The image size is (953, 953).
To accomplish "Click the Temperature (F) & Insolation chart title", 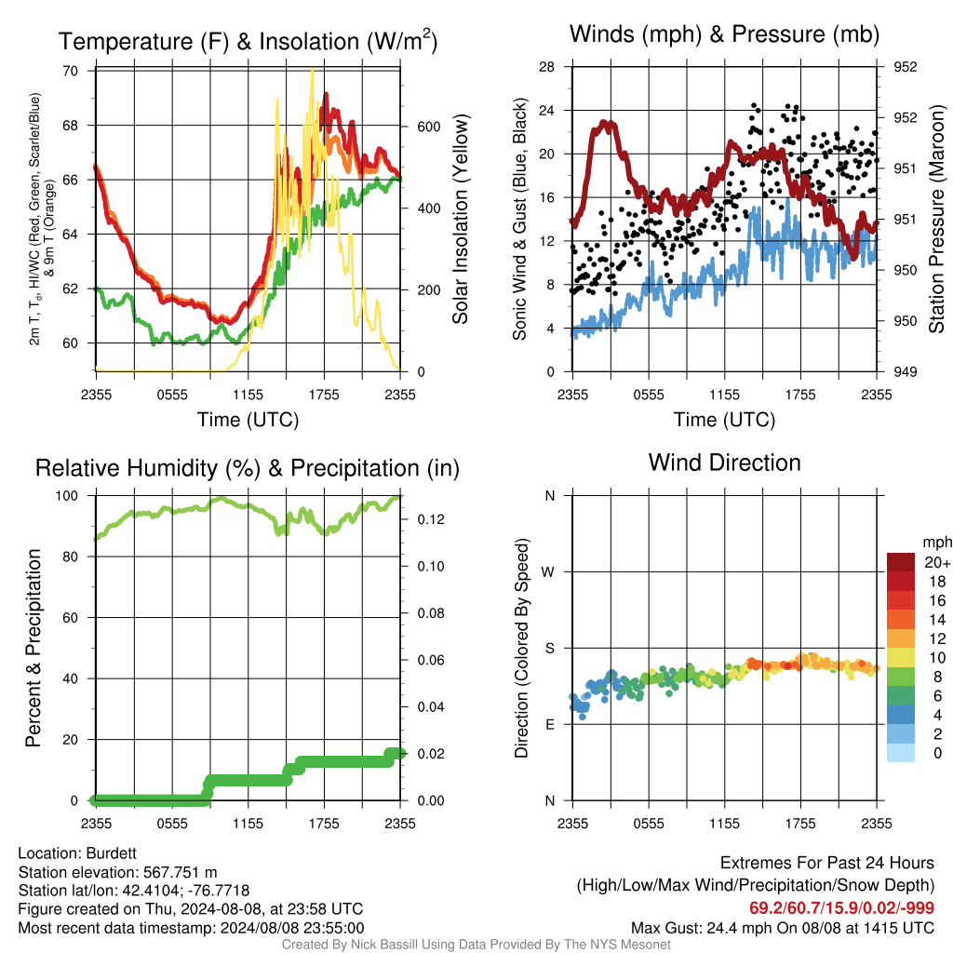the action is coord(248,41).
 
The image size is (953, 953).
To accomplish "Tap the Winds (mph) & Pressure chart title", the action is coord(724,34).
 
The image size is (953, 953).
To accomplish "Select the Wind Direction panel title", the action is coord(724,463).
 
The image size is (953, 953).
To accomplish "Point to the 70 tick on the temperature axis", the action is coord(71,71).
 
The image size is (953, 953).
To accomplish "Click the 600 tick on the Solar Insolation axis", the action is coord(428,127).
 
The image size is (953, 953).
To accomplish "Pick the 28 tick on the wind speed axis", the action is coord(547,67).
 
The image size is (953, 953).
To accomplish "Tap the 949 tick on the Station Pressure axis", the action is coord(905,371).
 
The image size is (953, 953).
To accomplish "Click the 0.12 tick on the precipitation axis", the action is coord(431,519).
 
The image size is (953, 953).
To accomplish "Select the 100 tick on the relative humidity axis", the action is coord(67,496).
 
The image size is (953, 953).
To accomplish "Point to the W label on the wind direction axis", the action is coord(548,572).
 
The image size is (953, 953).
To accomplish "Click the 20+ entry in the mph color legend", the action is coord(936,563).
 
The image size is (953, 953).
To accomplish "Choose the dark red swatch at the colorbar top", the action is coord(901,562).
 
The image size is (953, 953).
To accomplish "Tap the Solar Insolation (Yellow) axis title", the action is coord(461,219).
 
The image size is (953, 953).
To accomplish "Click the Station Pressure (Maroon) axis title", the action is coord(936,219).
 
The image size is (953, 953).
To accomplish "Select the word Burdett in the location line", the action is coord(112,853).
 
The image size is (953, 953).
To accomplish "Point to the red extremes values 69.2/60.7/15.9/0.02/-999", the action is coord(841,908).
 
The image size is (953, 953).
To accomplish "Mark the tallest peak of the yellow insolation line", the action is coord(313,69).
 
